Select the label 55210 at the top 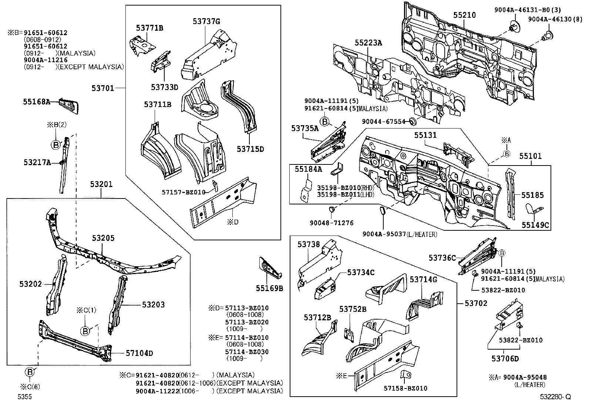(x=465, y=15)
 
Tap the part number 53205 (x=103, y=238)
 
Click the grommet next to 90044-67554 (x=413, y=121)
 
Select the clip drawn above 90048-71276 (x=331, y=210)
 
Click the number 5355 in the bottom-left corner (x=24, y=397)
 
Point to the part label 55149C (x=535, y=225)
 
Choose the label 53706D (x=505, y=358)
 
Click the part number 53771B (x=149, y=28)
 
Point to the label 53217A (x=37, y=162)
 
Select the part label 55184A (x=308, y=169)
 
